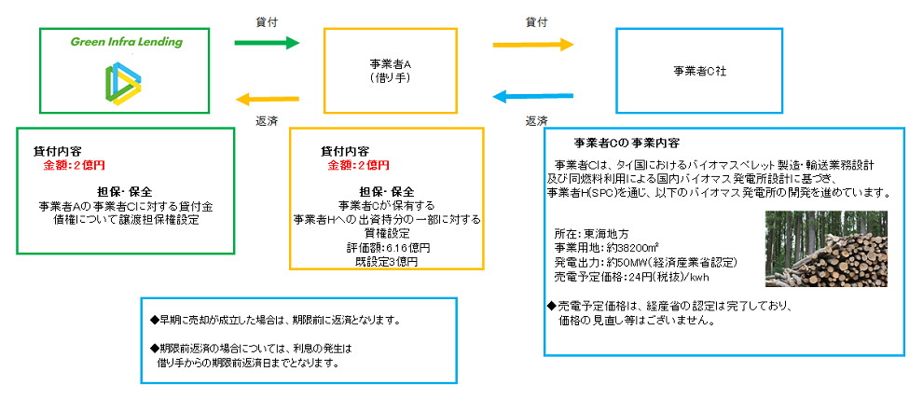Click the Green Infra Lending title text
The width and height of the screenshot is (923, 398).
(x=127, y=42)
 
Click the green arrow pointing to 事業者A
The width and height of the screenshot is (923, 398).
(x=266, y=43)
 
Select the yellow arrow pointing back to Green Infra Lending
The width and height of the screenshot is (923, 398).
(x=266, y=96)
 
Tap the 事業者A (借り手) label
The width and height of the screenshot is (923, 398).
(x=390, y=71)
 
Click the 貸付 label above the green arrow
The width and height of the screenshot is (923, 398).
(x=267, y=20)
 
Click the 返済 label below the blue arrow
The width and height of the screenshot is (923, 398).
(x=536, y=121)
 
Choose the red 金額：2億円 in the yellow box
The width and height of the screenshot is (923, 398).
(x=358, y=165)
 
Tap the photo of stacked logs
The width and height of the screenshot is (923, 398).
(x=825, y=249)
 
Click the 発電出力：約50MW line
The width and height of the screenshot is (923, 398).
(x=631, y=264)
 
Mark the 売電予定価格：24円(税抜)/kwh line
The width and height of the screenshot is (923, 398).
(x=630, y=278)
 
